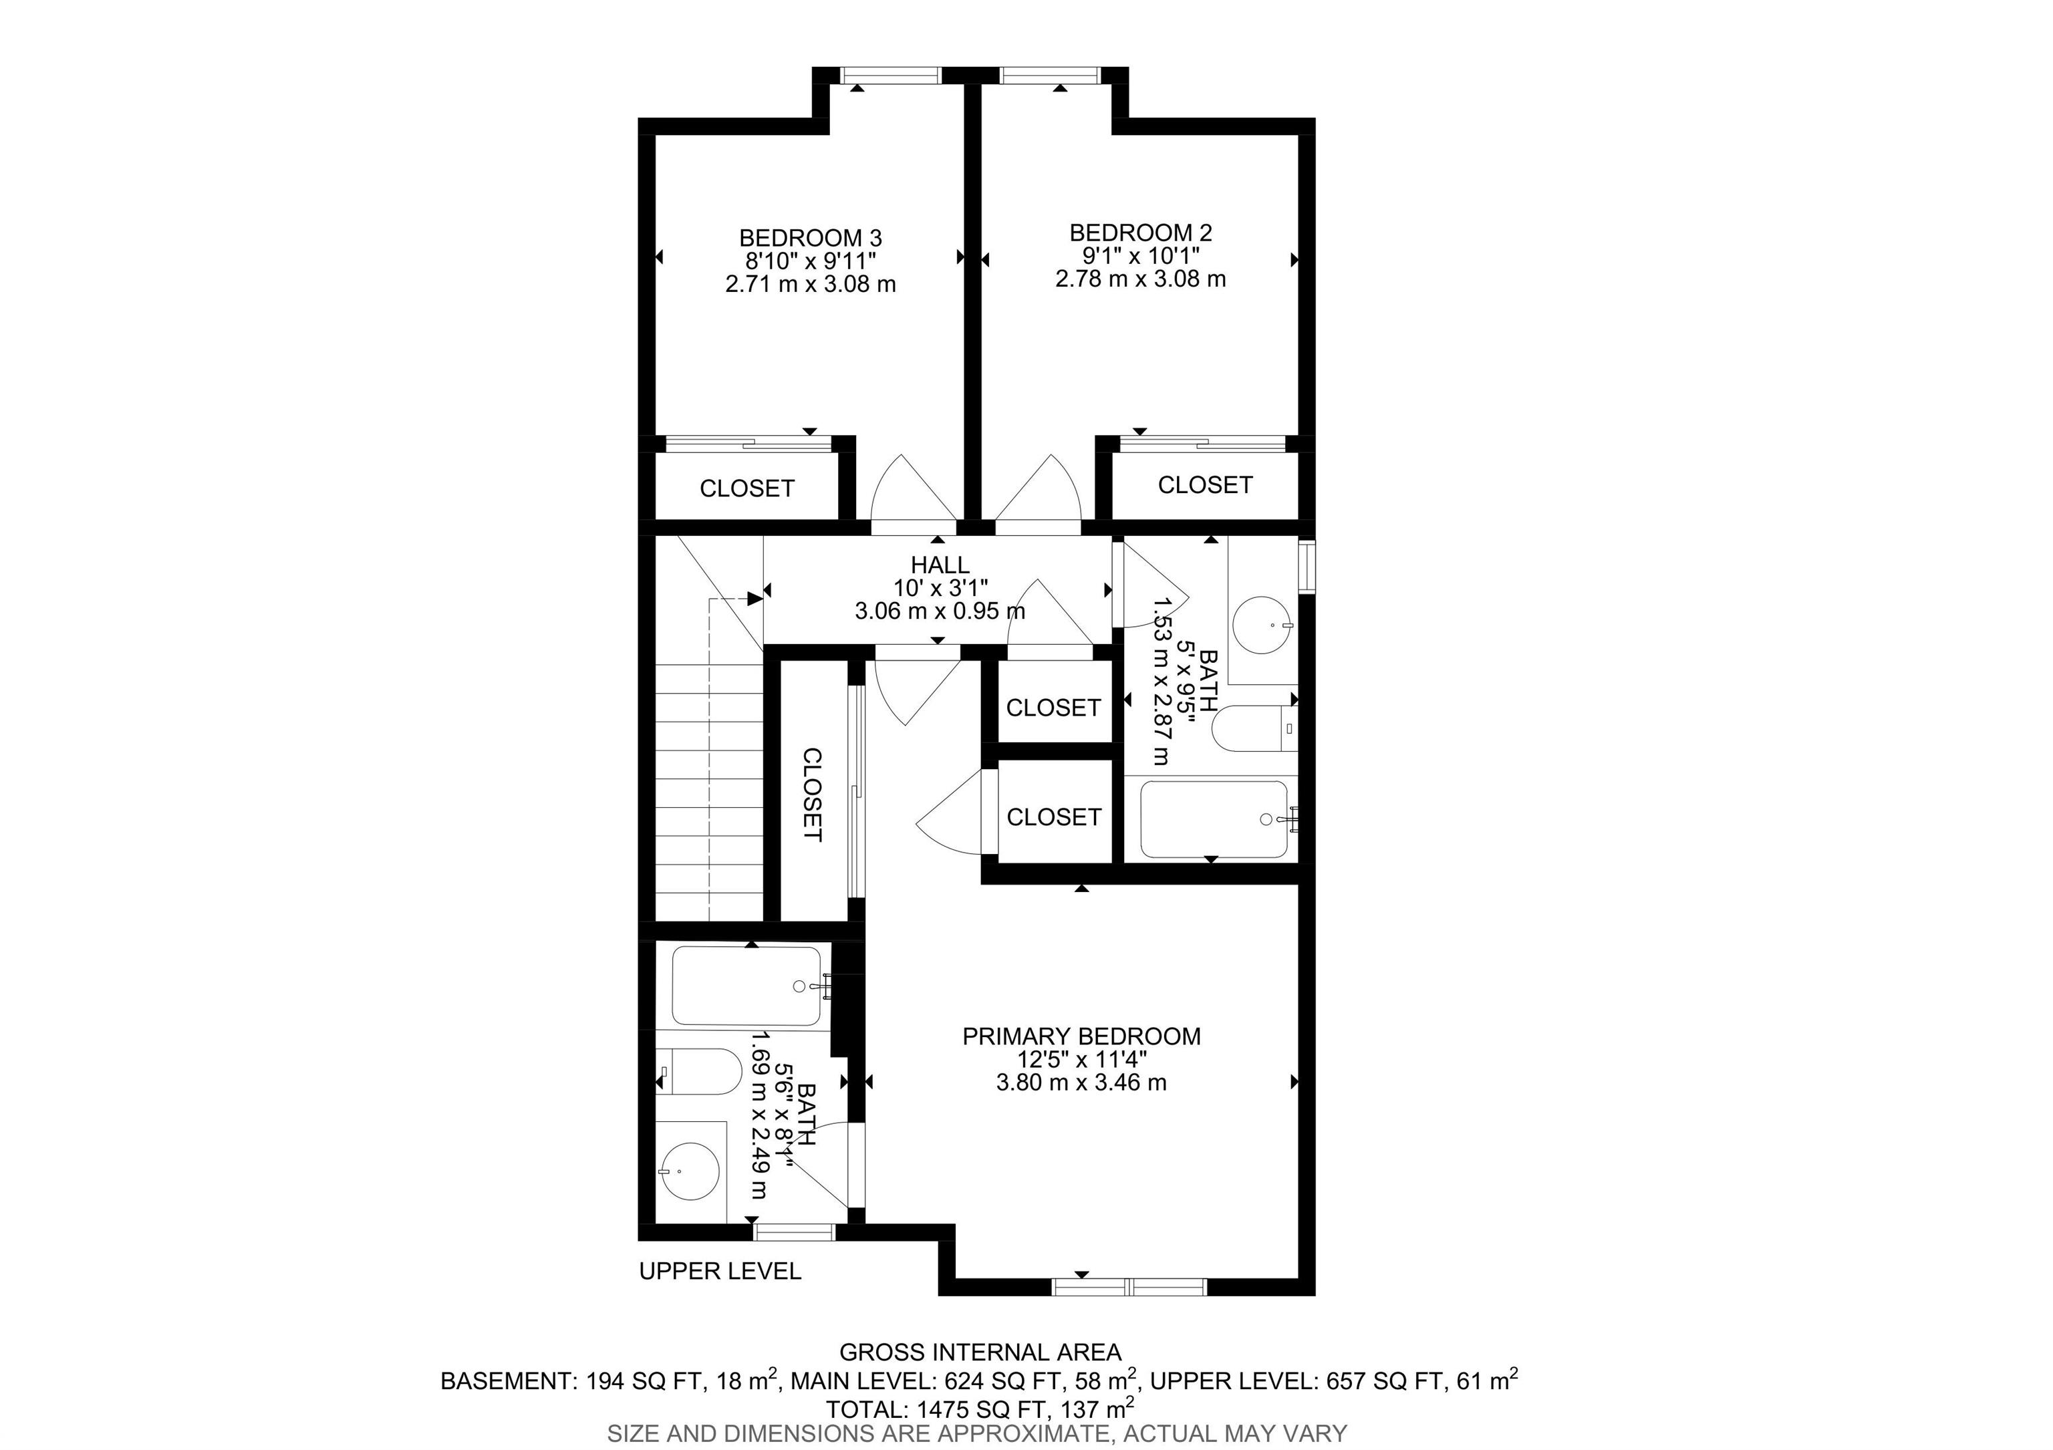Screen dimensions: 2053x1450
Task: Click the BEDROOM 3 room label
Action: point(810,238)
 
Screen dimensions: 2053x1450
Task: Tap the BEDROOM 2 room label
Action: point(1141,233)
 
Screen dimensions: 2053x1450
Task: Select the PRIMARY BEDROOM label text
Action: point(1081,1036)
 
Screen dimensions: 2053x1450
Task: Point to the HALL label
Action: point(940,565)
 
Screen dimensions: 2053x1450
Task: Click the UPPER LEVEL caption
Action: point(720,1271)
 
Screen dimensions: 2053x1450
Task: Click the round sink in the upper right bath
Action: point(1262,625)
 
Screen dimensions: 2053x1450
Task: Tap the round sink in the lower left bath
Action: point(690,1171)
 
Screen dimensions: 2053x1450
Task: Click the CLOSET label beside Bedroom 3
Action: point(746,488)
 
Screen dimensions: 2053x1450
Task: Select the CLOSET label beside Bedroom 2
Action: point(1206,484)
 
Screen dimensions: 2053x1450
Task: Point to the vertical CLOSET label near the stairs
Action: point(812,794)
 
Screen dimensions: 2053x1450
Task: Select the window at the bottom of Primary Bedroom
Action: point(1129,1286)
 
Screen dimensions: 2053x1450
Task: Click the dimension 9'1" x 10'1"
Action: point(1141,256)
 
